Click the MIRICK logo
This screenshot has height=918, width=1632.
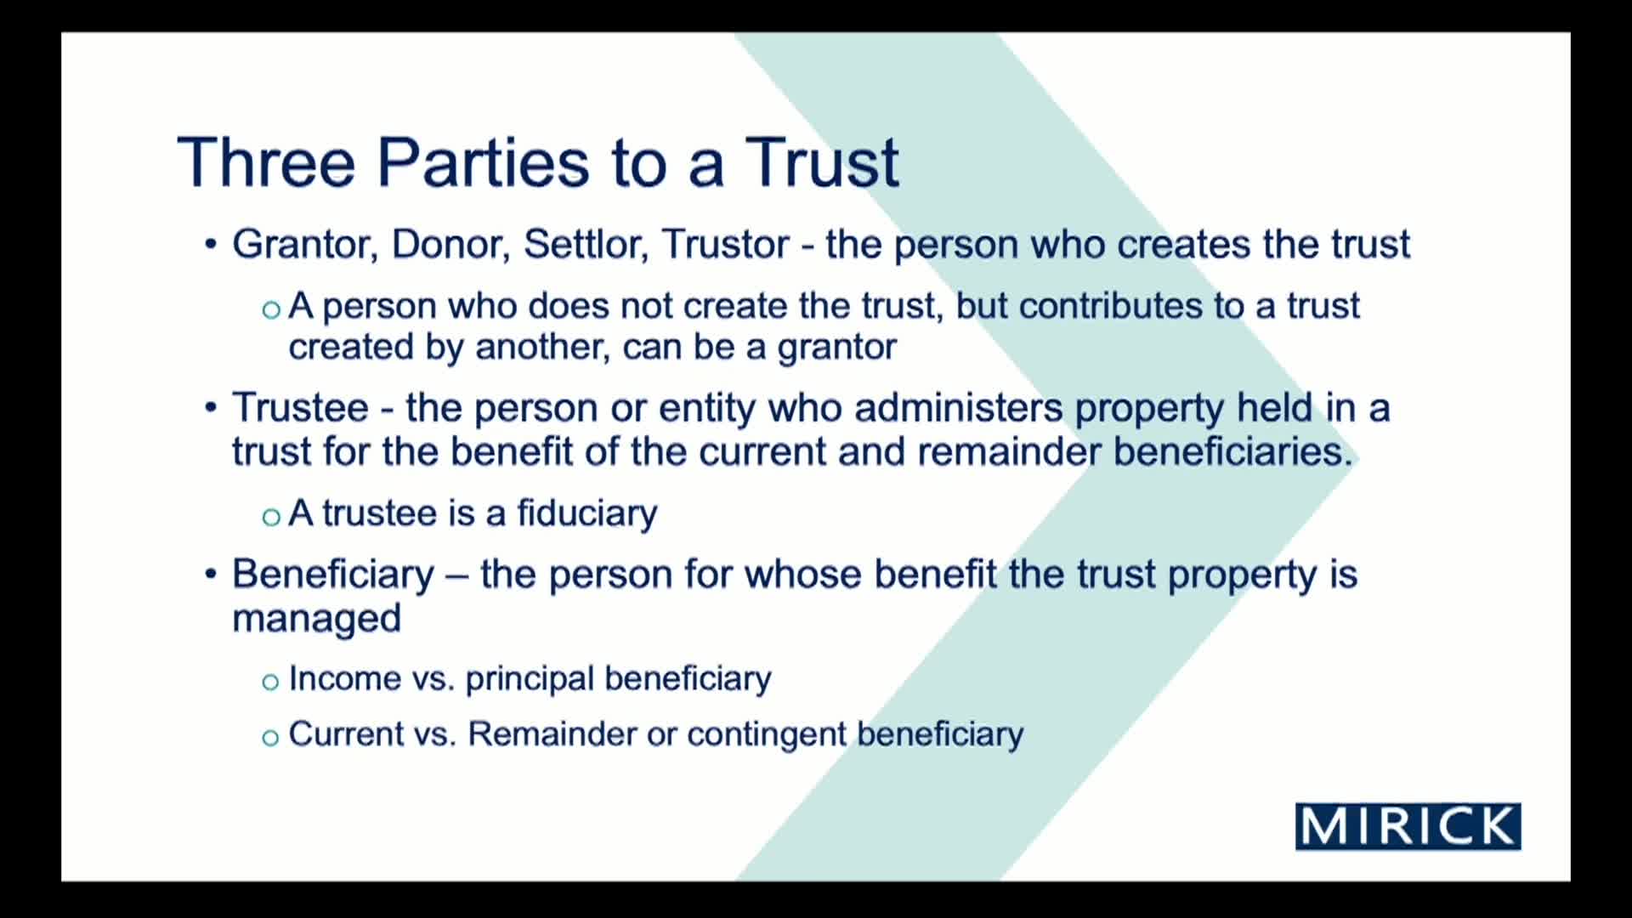(x=1408, y=826)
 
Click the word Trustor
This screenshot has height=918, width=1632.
(x=726, y=245)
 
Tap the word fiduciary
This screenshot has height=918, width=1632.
(x=586, y=513)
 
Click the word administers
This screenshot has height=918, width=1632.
(x=958, y=408)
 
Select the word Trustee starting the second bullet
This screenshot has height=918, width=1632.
(x=300, y=408)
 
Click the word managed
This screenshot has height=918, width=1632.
(x=316, y=619)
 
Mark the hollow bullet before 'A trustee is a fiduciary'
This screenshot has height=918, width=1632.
(x=271, y=517)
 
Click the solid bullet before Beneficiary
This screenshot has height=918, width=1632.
(x=211, y=574)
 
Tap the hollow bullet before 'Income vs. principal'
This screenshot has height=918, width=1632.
(x=270, y=682)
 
